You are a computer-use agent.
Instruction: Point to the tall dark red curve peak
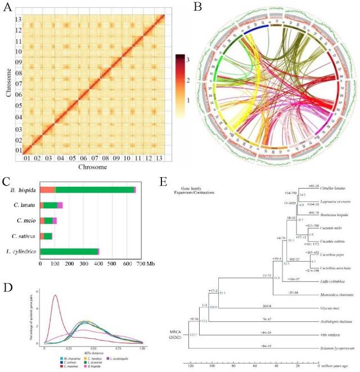coord(55,296)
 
